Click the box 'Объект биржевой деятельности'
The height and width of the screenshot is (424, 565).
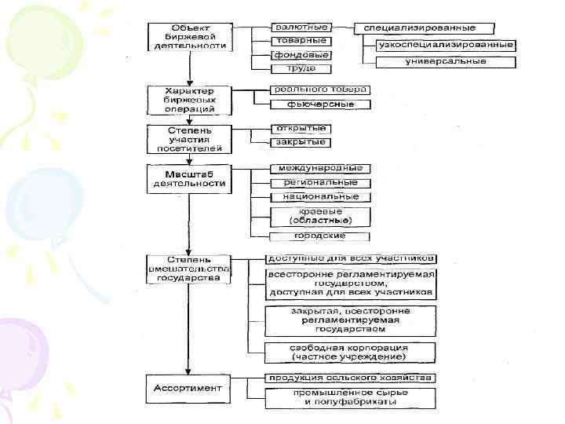pos(188,37)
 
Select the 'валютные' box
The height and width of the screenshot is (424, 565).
pos(301,27)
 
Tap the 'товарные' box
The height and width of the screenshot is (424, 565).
pos(301,41)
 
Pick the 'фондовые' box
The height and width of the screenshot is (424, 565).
pos(301,55)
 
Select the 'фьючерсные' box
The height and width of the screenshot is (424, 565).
pos(313,104)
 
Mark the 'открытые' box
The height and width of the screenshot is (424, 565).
pos(301,129)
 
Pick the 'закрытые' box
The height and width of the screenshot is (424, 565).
pos(301,143)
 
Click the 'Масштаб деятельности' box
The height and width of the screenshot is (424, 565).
pos(188,178)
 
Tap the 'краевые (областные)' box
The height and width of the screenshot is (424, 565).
pos(321,216)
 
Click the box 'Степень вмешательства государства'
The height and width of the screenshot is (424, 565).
pos(188,269)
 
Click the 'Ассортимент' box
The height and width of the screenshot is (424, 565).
pos(188,389)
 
